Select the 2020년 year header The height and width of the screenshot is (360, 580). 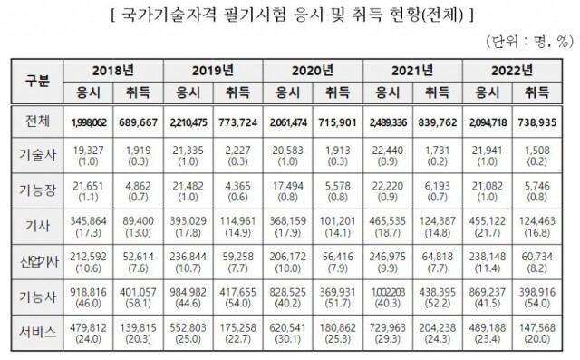(x=311, y=70)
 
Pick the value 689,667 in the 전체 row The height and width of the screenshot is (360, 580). (x=138, y=121)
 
